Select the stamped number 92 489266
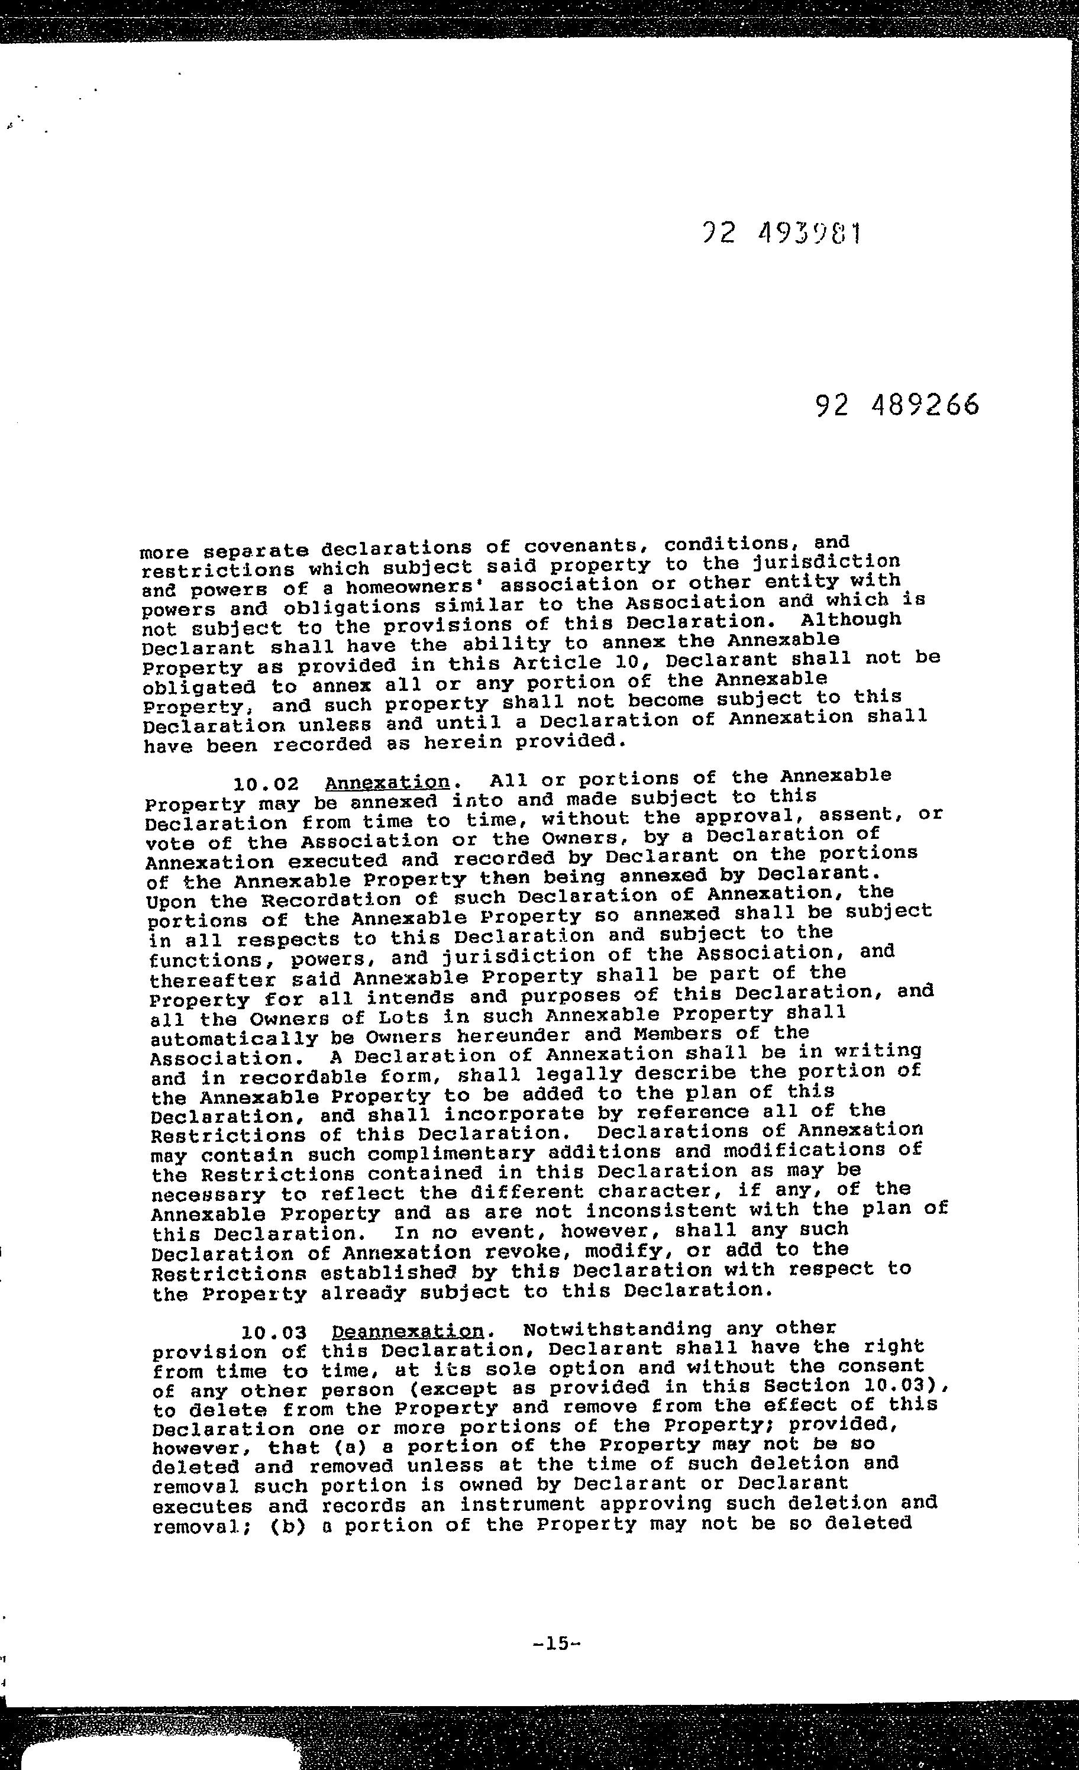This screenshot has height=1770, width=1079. point(897,406)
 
